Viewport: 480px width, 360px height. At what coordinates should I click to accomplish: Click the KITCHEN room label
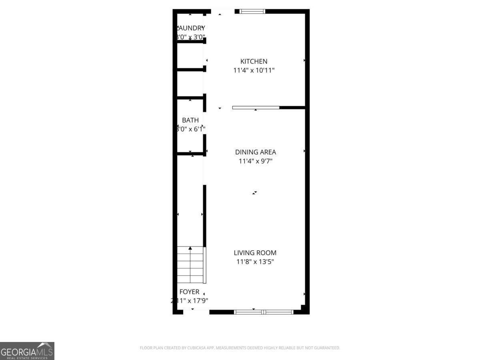click(x=254, y=61)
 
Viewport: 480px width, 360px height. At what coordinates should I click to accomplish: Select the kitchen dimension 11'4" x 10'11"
click(x=254, y=70)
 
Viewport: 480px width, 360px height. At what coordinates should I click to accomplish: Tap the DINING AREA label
click(x=255, y=152)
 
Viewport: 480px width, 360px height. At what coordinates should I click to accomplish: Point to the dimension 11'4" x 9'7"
click(x=255, y=161)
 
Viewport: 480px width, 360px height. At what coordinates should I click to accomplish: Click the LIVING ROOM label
click(x=255, y=253)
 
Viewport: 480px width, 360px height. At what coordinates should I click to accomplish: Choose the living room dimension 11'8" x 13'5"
click(x=255, y=262)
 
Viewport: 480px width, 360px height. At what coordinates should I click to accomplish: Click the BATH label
click(x=190, y=120)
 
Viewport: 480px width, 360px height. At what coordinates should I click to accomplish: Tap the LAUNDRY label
click(x=191, y=28)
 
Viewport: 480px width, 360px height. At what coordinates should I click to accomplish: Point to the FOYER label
click(x=189, y=292)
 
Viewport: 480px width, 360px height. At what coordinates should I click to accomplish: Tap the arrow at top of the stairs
click(x=190, y=248)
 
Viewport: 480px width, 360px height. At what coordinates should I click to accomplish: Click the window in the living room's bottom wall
click(x=264, y=312)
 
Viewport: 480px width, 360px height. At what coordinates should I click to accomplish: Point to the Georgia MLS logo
click(x=27, y=351)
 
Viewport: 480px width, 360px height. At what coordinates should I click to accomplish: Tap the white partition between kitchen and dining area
click(x=256, y=107)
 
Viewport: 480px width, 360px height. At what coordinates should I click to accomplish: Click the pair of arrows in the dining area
click(x=254, y=193)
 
